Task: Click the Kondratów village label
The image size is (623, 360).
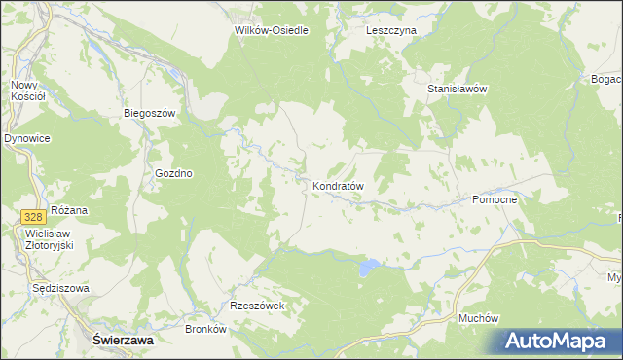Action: tap(338, 185)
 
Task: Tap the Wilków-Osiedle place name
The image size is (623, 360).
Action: tap(272, 30)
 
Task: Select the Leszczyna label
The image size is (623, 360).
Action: tap(391, 30)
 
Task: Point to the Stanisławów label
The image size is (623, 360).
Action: tap(457, 89)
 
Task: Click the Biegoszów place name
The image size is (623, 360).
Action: tap(149, 113)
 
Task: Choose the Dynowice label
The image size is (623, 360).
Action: tap(26, 139)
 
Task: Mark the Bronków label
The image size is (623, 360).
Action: tap(205, 329)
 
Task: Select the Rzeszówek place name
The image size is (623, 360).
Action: tap(256, 306)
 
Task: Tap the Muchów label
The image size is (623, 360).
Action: tap(478, 318)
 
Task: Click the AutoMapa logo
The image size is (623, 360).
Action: tap(557, 341)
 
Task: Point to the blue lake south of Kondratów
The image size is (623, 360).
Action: tap(368, 266)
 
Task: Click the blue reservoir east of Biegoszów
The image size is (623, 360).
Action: tap(172, 73)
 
